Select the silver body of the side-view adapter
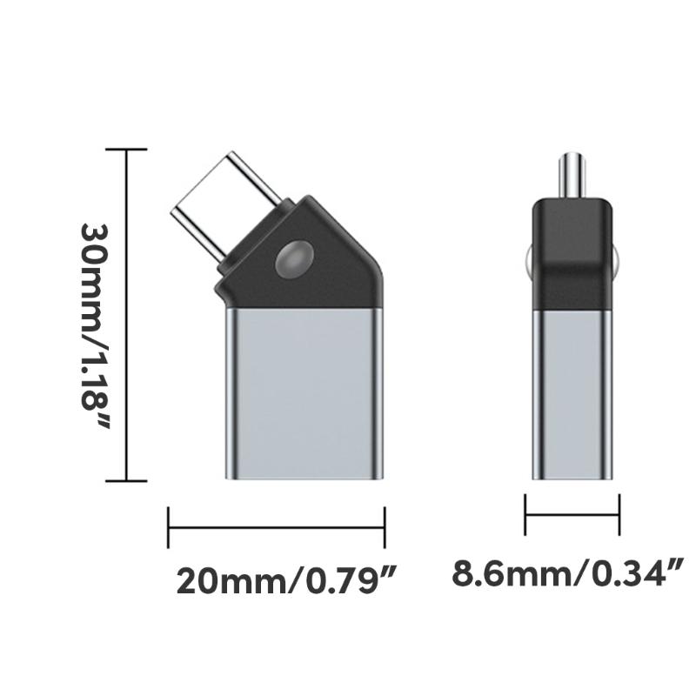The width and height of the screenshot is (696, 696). [x=572, y=391]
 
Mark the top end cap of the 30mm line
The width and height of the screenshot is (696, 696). [x=126, y=150]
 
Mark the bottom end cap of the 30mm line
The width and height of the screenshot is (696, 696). [x=126, y=480]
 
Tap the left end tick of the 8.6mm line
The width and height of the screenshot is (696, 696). [x=525, y=514]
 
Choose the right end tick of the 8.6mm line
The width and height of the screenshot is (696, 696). [x=619, y=514]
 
